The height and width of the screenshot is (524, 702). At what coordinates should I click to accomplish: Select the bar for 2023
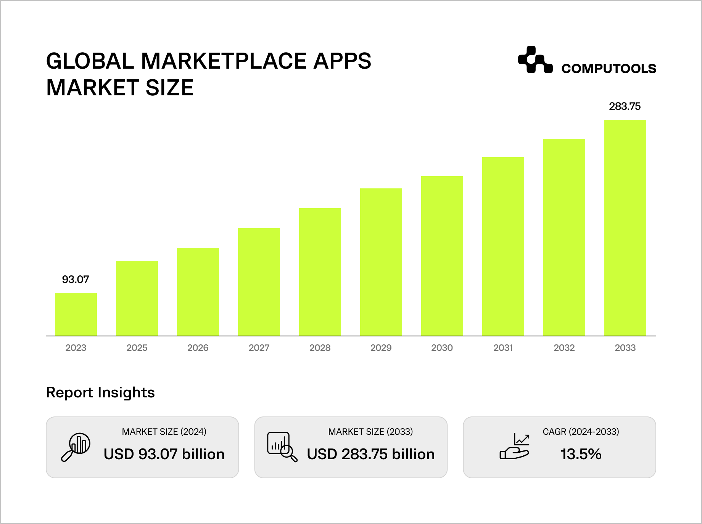pyautogui.click(x=76, y=314)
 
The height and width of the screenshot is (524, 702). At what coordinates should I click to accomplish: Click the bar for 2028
pyautogui.click(x=320, y=272)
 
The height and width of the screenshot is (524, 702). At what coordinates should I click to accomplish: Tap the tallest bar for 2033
pyautogui.click(x=625, y=228)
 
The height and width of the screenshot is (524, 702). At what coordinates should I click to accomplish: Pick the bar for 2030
pyautogui.click(x=442, y=256)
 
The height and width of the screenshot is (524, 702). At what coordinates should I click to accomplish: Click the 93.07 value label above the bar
pyautogui.click(x=76, y=280)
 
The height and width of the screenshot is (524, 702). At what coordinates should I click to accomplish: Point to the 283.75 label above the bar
pyautogui.click(x=625, y=106)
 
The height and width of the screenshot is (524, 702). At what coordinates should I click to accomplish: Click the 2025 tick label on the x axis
pyautogui.click(x=137, y=348)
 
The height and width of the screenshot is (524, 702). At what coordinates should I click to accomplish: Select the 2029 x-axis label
pyautogui.click(x=381, y=348)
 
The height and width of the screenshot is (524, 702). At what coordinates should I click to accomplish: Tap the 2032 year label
pyautogui.click(x=564, y=348)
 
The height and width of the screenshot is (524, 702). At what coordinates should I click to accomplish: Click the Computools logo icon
pyautogui.click(x=535, y=60)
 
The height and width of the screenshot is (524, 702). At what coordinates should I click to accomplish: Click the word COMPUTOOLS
pyautogui.click(x=609, y=69)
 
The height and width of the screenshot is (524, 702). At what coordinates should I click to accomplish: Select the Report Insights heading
pyautogui.click(x=100, y=392)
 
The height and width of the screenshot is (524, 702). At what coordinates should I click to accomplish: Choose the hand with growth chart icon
pyautogui.click(x=515, y=447)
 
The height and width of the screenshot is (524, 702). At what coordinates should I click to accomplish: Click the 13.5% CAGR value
pyautogui.click(x=581, y=454)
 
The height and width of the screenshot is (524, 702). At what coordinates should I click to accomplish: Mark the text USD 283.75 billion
pyautogui.click(x=370, y=454)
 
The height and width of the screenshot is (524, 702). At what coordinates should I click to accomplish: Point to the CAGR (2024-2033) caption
pyautogui.click(x=581, y=432)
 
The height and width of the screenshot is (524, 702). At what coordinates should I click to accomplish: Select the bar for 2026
pyautogui.click(x=198, y=292)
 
